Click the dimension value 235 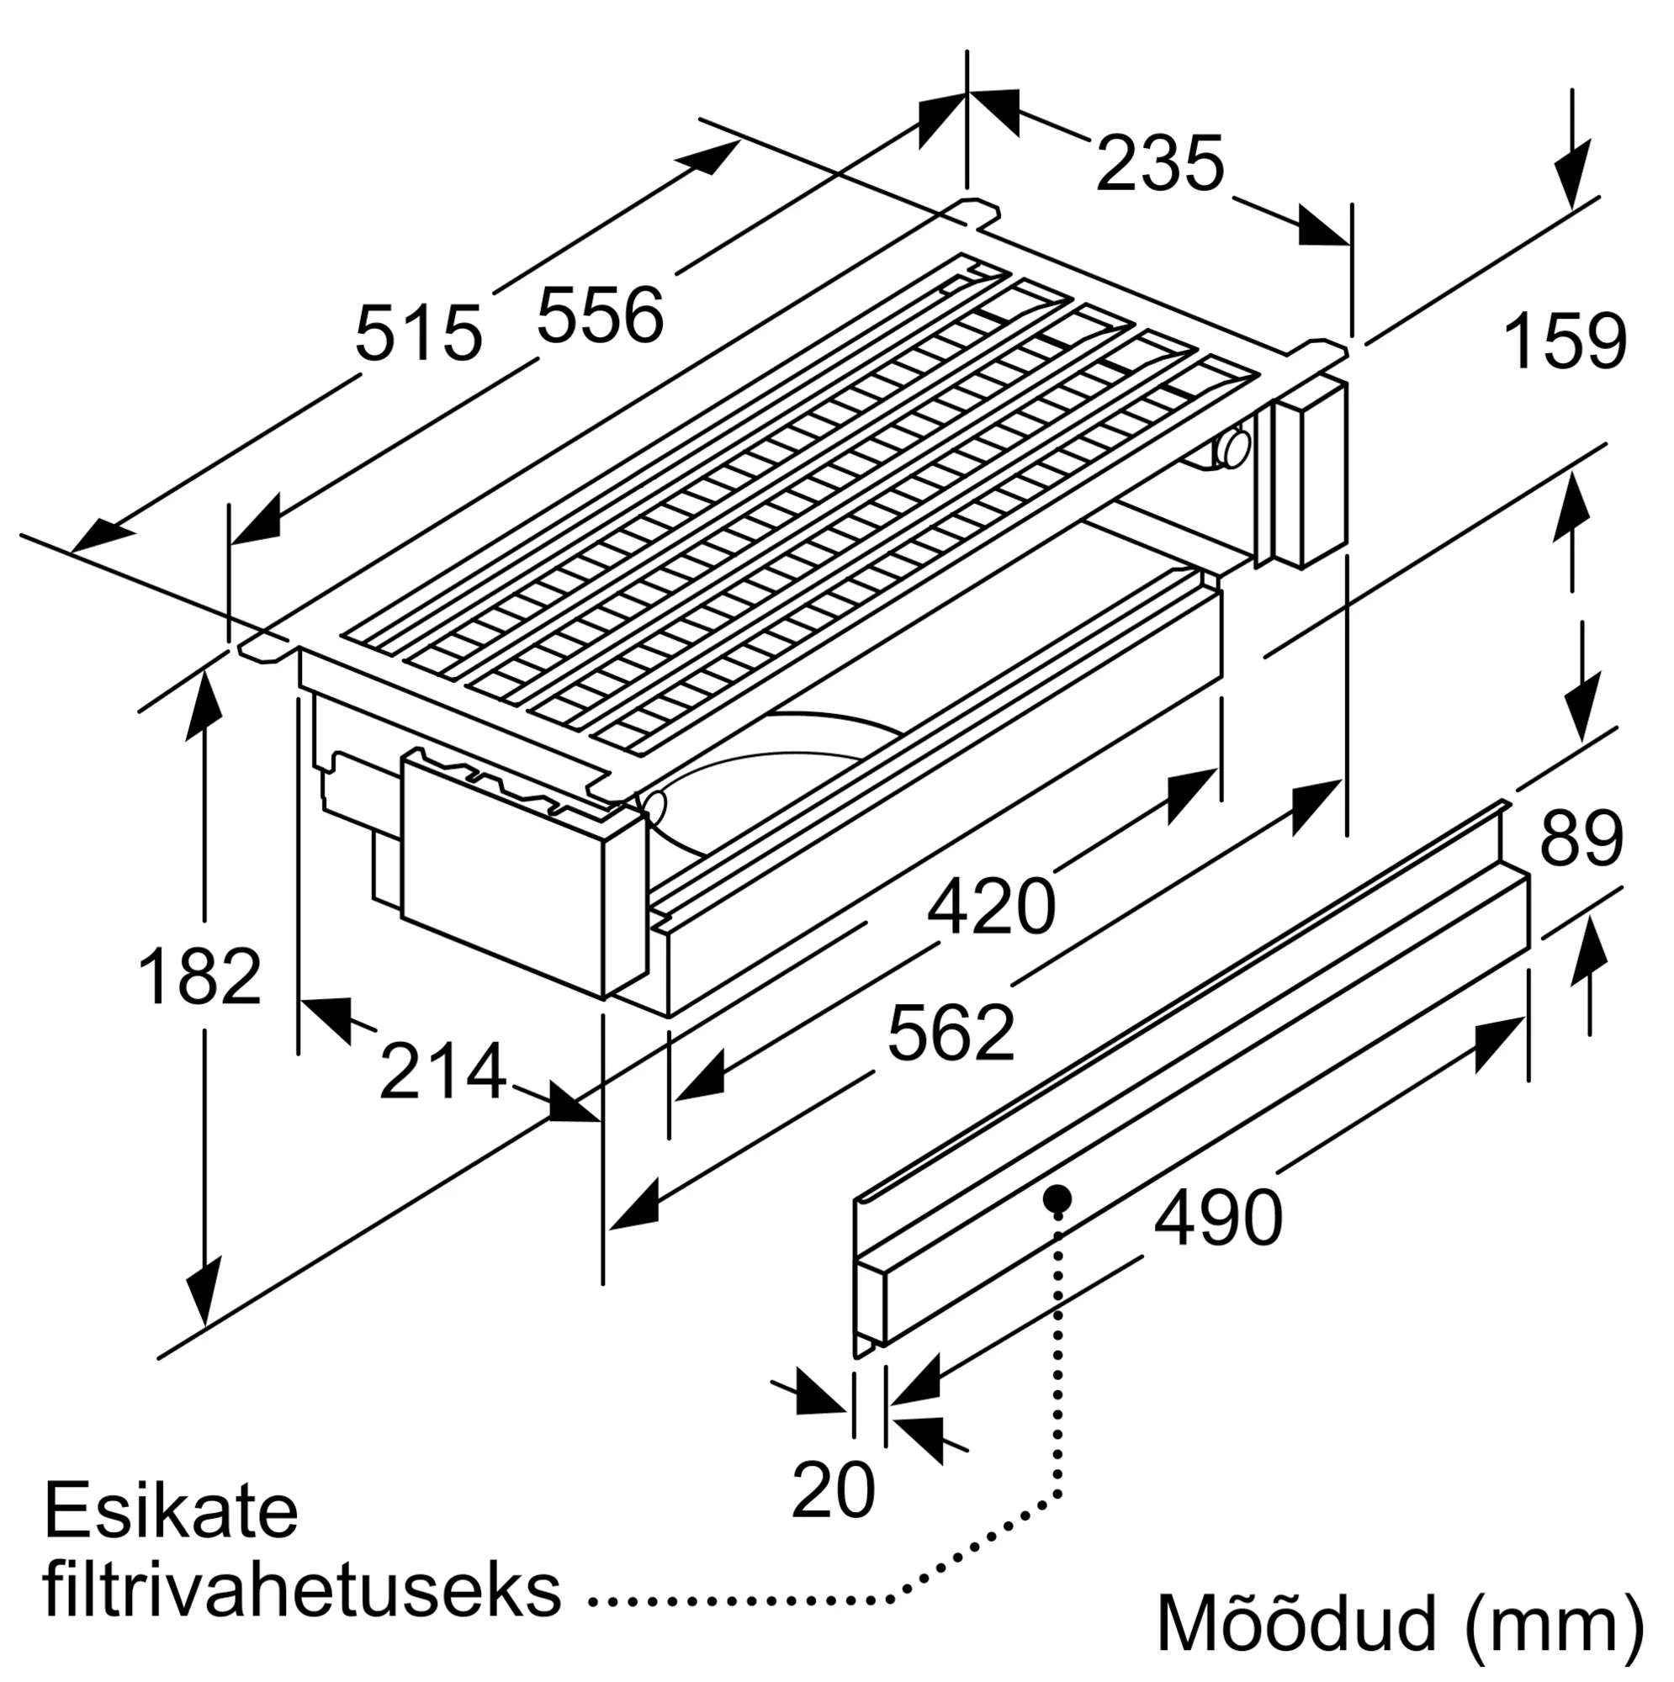click(1160, 165)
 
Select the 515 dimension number click(418, 332)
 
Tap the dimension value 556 click(600, 315)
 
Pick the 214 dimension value click(442, 1072)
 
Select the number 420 click(990, 907)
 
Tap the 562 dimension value click(951, 1034)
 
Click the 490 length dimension click(1218, 1218)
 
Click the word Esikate click(171, 1511)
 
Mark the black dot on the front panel click(1057, 1198)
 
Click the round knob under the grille click(1234, 448)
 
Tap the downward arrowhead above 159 click(1572, 177)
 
